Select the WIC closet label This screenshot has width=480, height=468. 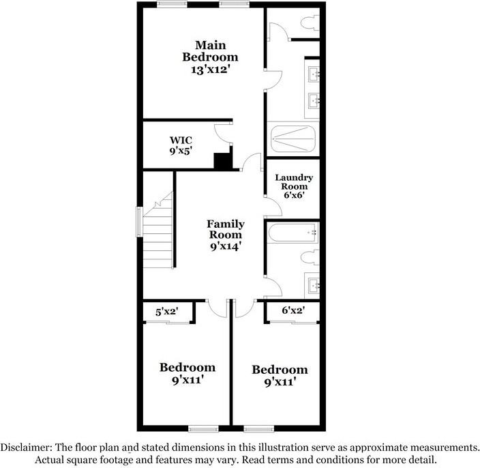pyautogui.click(x=181, y=141)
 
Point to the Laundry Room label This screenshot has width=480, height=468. pyautogui.click(x=294, y=181)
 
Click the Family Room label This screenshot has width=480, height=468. pyautogui.click(x=226, y=229)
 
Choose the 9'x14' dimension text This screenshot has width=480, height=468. pyautogui.click(x=226, y=247)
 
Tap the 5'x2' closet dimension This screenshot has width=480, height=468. pyautogui.click(x=167, y=311)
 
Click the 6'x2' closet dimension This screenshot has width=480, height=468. pyautogui.click(x=292, y=311)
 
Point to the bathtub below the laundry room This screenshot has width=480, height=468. pyautogui.click(x=293, y=233)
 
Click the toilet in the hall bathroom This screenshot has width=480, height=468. pyautogui.click(x=311, y=258)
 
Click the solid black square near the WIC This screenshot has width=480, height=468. pyautogui.click(x=223, y=162)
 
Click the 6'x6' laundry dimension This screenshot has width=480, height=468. pyautogui.click(x=294, y=194)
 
